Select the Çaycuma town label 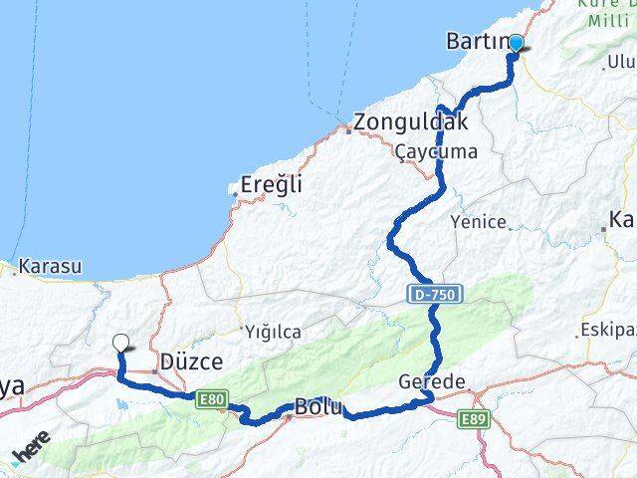(436, 152)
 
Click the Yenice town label (479, 221)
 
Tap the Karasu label (48, 267)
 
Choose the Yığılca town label (273, 332)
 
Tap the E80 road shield (210, 399)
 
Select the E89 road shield (474, 421)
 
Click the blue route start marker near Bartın (516, 43)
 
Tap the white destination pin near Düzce (120, 343)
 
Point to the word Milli (606, 21)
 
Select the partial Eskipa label (608, 330)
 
